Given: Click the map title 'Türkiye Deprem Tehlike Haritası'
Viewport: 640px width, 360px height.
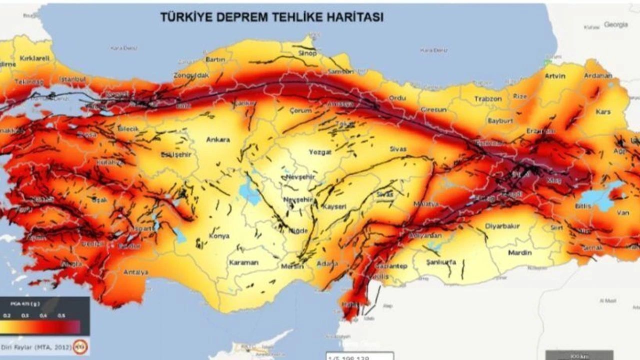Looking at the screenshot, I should pos(271,17).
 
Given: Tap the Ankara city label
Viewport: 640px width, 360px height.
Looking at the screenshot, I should pos(218,139).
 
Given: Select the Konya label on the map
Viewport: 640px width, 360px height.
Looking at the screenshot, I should pos(218,236).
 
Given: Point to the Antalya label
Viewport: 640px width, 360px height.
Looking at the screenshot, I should pos(135,272).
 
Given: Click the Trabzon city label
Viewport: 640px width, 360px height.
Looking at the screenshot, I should pos(487,99).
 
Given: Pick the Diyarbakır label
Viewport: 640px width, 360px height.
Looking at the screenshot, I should pos(502,226).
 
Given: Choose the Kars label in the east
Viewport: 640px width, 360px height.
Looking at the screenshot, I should pos(603,112).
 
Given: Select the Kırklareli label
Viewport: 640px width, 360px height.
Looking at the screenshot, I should pos(34,58).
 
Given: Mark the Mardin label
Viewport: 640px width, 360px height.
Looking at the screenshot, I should pos(519,252).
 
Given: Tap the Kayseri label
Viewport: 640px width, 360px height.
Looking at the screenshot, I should pos(334,206).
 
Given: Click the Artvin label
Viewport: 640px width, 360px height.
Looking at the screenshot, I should pos(555,76).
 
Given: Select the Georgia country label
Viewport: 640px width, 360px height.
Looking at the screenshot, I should pos(615,24).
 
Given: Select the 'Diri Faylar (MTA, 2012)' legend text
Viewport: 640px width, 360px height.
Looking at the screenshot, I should pos(35,346).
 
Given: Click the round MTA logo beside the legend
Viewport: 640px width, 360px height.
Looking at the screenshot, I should pos(80,346).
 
